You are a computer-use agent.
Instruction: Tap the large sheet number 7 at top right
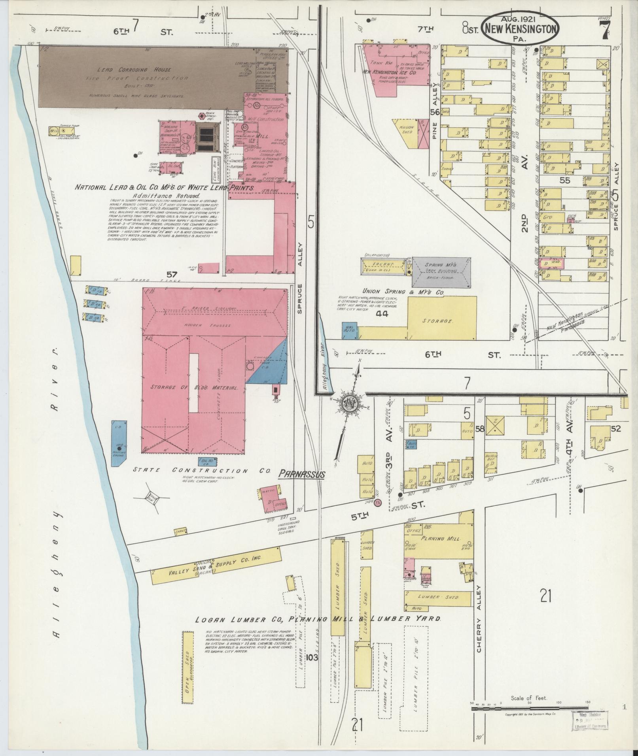pos(605,30)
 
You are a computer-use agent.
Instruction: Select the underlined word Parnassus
pos(302,474)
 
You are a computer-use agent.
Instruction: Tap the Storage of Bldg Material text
pos(194,388)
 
